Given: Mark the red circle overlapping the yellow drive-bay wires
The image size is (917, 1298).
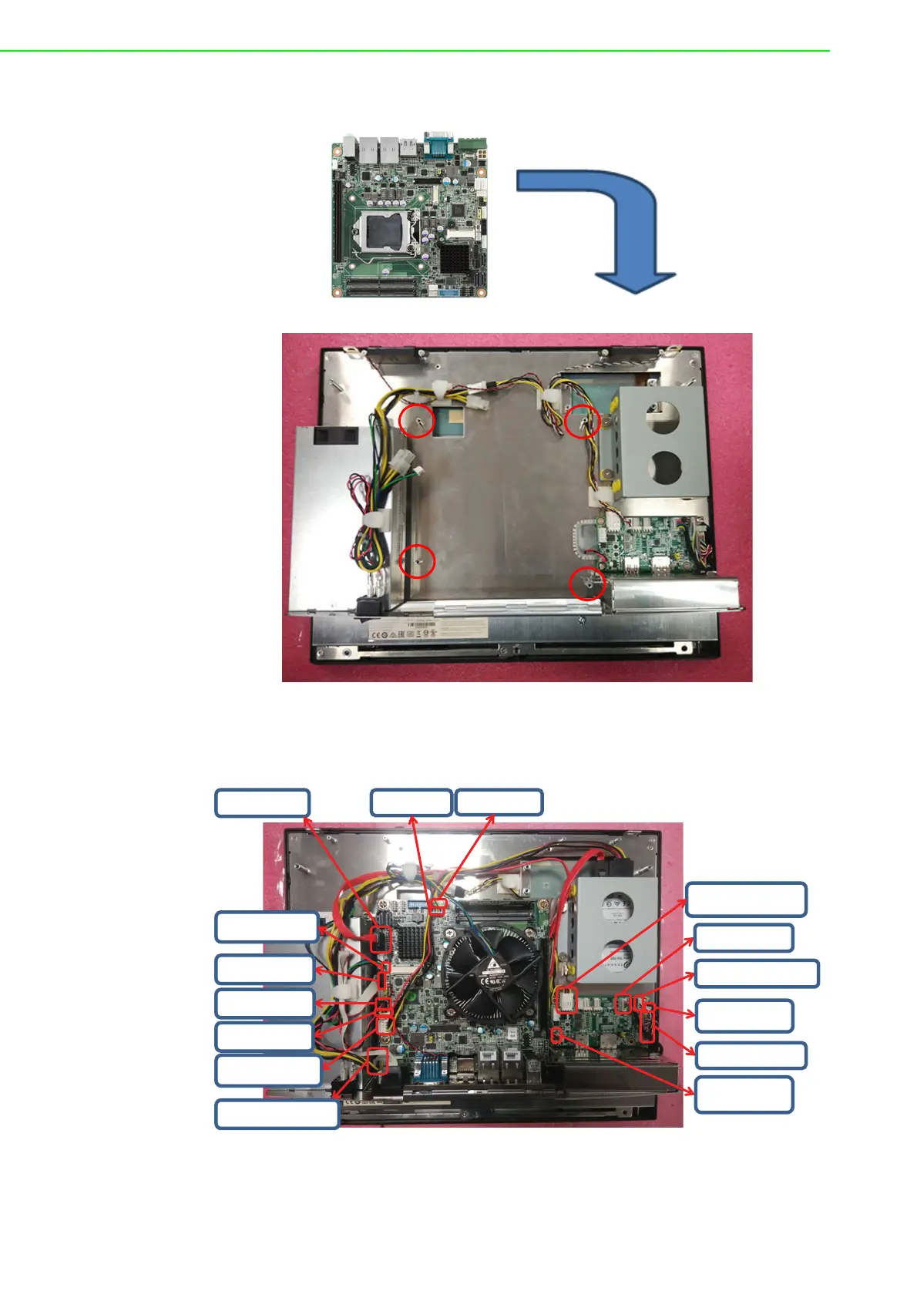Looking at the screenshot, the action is [583, 422].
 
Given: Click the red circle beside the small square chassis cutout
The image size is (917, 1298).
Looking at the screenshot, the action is [418, 421].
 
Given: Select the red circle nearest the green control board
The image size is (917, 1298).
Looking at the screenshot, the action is [586, 583].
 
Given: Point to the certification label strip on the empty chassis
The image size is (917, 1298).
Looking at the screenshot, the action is [432, 634].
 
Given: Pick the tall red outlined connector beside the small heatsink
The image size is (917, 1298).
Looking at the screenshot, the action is [381, 940].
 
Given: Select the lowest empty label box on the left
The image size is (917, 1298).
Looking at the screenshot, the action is [277, 1114].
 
